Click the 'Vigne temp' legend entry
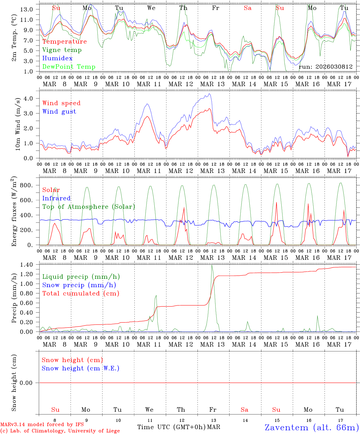62,50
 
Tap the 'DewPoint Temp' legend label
69,67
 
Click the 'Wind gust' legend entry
59,112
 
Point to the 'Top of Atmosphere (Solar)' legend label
88,207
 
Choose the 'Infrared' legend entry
56,198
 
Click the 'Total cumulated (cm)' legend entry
81,294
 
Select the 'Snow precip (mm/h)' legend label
79,285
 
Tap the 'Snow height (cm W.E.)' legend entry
80,368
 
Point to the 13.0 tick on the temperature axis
26,9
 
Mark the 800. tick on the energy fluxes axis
26,185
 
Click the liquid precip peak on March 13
212,265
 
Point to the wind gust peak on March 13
209,94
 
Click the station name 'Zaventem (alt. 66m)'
311,427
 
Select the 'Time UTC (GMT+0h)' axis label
171,427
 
